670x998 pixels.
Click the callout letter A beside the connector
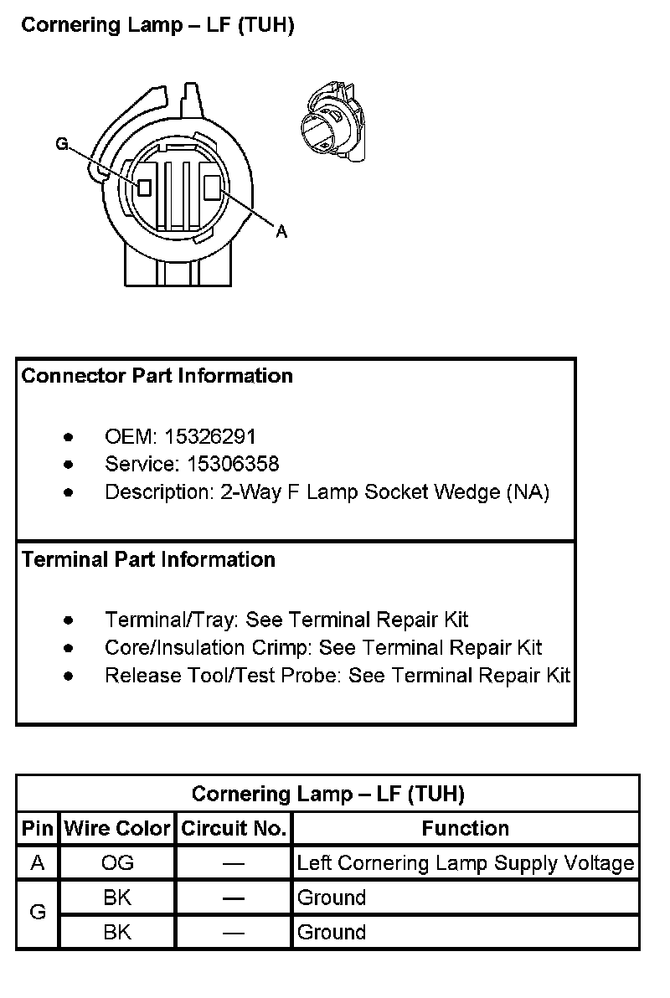click(x=281, y=232)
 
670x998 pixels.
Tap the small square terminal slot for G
click(x=145, y=187)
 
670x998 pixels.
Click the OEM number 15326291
click(x=210, y=436)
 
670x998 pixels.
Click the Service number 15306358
click(x=222, y=464)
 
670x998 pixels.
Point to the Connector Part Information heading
click(x=157, y=376)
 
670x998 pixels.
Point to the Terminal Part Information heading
click(x=148, y=559)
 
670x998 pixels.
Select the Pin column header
click(x=38, y=829)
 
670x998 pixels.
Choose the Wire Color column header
click(x=117, y=829)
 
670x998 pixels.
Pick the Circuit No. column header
click(x=234, y=829)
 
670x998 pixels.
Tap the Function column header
click(x=466, y=829)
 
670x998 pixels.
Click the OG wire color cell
click(x=117, y=863)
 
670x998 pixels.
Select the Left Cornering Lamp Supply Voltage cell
click(x=466, y=863)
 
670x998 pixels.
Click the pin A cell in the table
click(x=38, y=863)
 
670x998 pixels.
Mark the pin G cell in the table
click(x=38, y=913)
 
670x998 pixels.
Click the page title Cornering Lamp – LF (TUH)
click(x=157, y=26)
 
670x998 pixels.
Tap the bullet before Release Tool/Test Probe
click(x=69, y=676)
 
